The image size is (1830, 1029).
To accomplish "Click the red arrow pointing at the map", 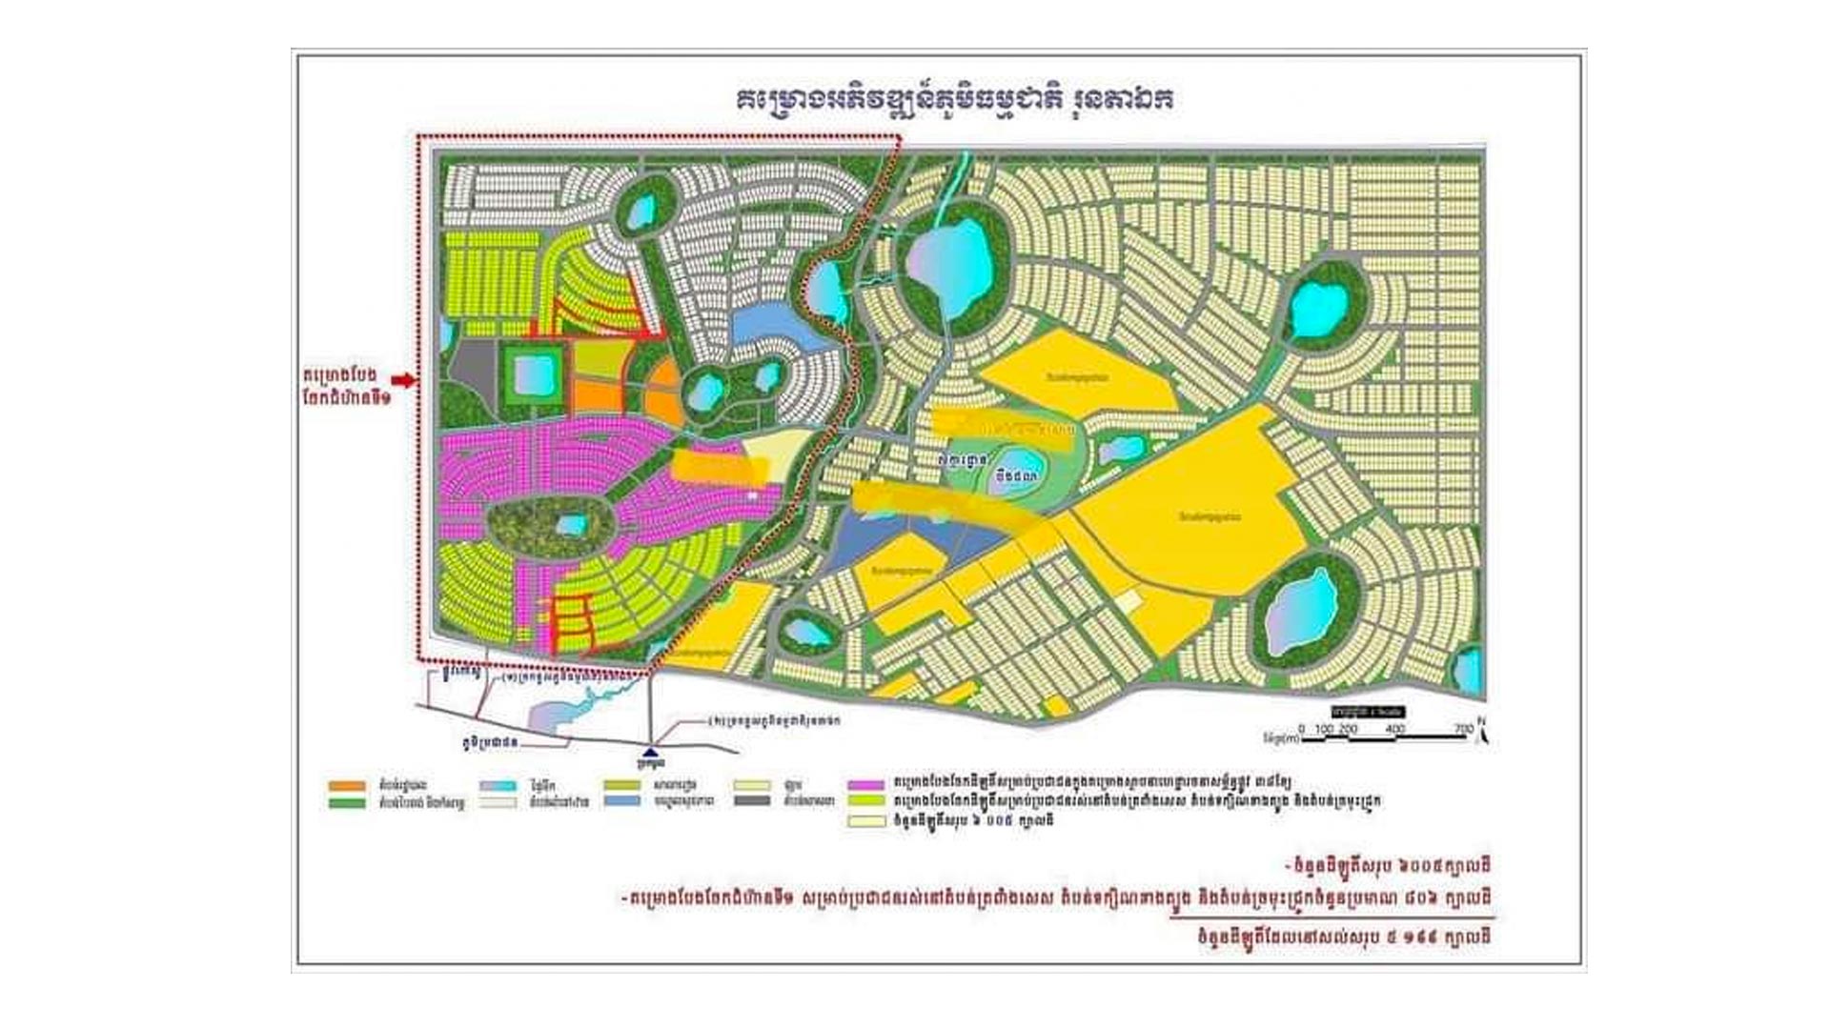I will click(404, 380).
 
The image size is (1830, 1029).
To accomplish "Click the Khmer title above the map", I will click(954, 101).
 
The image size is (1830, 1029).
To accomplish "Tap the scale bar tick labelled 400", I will click(1395, 729).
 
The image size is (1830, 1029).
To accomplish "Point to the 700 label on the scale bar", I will click(1463, 729).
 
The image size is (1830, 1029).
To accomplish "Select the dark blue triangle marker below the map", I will click(650, 752).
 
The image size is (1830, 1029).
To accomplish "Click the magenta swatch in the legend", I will click(866, 785).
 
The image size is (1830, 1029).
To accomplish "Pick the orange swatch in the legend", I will click(346, 786).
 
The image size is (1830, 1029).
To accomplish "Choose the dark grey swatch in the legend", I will click(753, 801).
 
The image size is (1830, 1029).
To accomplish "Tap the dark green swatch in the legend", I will click(346, 802).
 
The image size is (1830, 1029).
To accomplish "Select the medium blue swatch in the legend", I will click(622, 801).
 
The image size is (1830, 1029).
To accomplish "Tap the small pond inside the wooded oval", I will click(571, 525).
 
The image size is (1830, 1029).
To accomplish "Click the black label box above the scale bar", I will click(1369, 712).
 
